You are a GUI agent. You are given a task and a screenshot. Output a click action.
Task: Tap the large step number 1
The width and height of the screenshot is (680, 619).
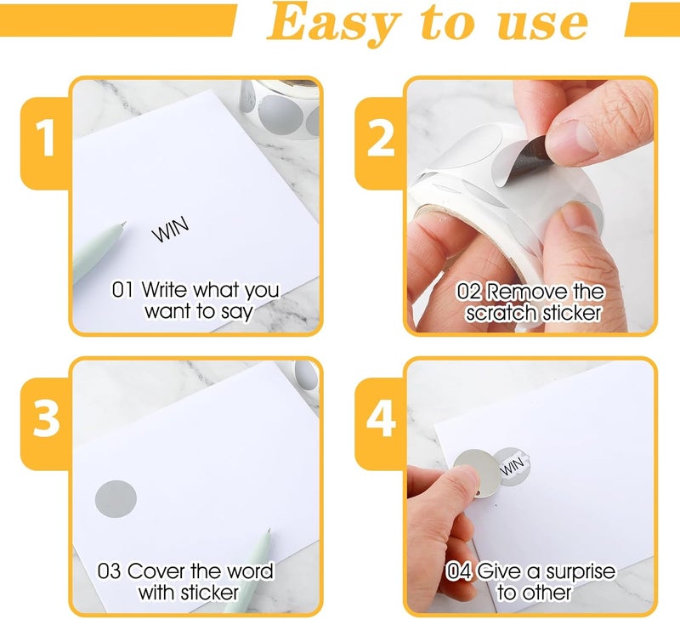click(x=46, y=138)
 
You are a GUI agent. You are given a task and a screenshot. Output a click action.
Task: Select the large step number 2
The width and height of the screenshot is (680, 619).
click(x=380, y=138)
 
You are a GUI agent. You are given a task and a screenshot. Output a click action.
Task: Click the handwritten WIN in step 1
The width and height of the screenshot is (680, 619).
click(x=171, y=229)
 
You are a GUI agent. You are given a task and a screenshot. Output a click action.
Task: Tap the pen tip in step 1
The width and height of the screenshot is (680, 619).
click(x=124, y=224)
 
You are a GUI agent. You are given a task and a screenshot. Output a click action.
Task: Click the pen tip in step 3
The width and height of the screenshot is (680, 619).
click(x=269, y=531)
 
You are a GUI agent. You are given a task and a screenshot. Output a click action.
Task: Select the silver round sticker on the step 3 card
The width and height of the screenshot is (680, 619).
click(x=116, y=498)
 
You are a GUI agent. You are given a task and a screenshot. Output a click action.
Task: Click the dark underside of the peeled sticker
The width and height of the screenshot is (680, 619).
click(x=530, y=156)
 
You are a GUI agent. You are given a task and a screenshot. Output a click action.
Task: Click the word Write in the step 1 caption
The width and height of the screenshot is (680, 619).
click(x=165, y=289)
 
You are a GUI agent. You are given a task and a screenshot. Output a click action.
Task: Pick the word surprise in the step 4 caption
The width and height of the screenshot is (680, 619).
click(x=581, y=572)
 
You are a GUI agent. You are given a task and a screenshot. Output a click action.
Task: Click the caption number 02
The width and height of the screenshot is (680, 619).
click(x=469, y=292)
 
